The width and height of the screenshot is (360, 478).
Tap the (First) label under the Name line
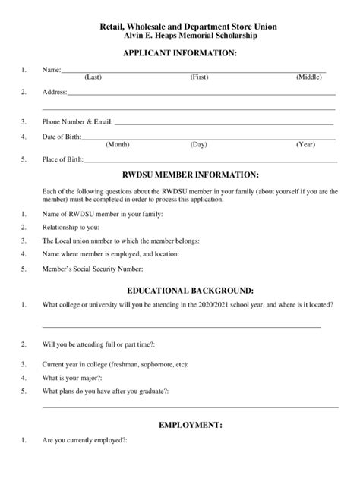coord(199,77)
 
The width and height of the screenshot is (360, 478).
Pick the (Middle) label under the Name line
coord(308,77)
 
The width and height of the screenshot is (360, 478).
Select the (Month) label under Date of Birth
coord(117,143)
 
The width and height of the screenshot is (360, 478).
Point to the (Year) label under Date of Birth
coord(305,143)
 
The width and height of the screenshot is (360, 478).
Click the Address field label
coord(54,93)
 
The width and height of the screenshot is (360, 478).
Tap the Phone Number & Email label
coord(76,121)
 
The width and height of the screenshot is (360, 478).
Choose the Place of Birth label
coord(62,159)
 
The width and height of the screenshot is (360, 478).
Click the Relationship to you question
coord(70,227)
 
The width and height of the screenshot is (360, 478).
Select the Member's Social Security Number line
coord(92,268)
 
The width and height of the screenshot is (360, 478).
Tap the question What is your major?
coord(72,377)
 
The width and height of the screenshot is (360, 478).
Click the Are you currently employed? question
coord(84,439)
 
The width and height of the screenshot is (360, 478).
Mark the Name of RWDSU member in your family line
coord(91,214)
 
